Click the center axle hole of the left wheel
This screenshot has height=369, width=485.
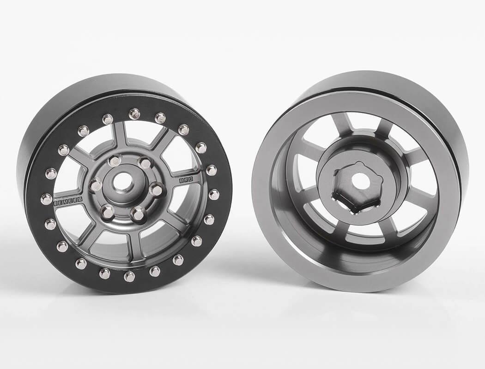point(122,184)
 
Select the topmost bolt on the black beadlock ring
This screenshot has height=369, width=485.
point(134,113)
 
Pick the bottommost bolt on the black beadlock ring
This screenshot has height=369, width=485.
point(129,276)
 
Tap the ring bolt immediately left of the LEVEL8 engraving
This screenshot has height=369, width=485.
point(46,199)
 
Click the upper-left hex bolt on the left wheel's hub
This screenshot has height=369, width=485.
point(114,161)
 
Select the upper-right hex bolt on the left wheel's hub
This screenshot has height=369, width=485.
point(144,163)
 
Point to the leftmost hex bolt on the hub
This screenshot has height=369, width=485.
point(96,184)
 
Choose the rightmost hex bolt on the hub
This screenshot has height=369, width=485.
point(157,189)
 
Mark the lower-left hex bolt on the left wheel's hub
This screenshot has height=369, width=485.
point(107,212)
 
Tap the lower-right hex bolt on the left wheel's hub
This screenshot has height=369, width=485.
point(137,214)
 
